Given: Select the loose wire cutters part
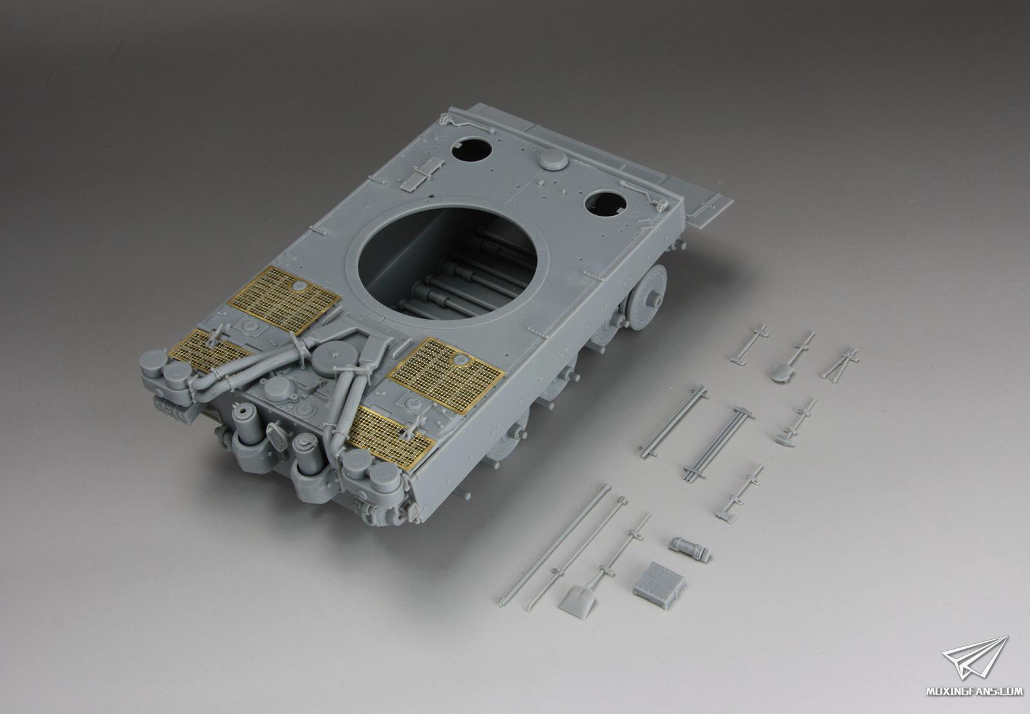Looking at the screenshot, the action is coord(839,365).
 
